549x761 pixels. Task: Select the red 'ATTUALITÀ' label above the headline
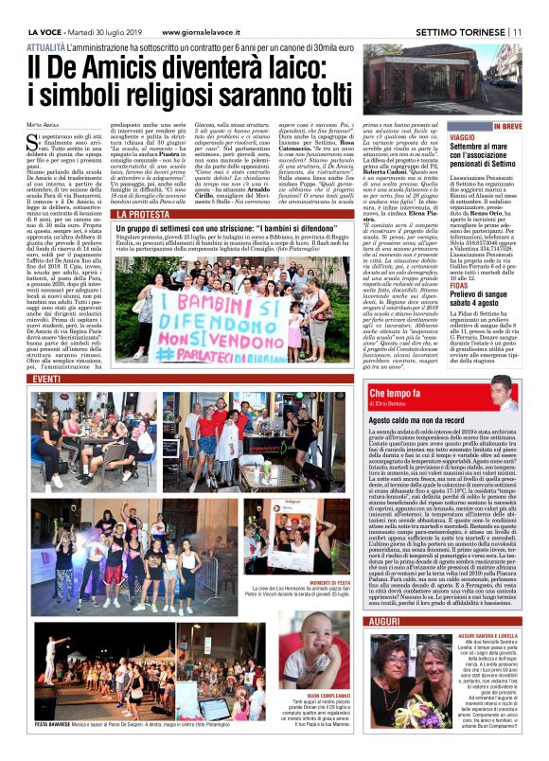point(46,45)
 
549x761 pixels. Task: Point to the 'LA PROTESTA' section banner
point(142,215)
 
